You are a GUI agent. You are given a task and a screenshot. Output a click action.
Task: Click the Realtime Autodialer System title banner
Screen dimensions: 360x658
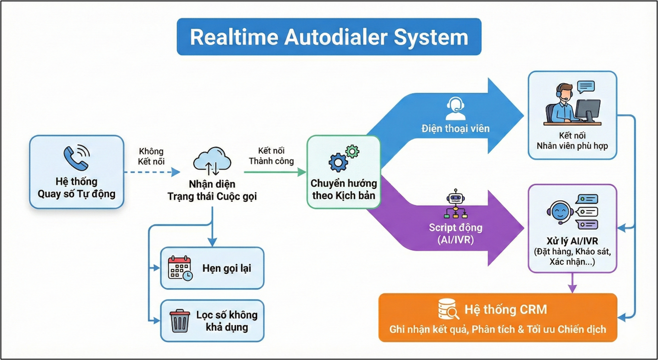(x=329, y=37)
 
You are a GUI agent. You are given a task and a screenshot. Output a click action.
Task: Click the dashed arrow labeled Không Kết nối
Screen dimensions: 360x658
(x=152, y=172)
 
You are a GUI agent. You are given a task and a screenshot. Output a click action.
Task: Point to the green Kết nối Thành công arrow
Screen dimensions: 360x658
(x=275, y=172)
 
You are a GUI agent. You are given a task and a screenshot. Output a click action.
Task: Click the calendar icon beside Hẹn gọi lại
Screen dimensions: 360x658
(x=180, y=268)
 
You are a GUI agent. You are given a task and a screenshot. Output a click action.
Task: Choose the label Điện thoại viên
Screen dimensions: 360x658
(x=455, y=128)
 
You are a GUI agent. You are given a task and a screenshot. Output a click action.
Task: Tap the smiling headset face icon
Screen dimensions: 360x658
(x=558, y=212)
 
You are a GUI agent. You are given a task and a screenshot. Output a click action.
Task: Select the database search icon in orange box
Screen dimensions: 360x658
(x=448, y=310)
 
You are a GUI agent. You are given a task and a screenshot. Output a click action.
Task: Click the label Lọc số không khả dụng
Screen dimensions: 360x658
(x=227, y=321)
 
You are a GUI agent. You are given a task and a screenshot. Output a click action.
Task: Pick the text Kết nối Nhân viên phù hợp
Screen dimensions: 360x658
(x=572, y=141)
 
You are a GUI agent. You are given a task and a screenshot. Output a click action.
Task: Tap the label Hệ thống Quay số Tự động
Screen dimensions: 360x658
(x=76, y=187)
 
